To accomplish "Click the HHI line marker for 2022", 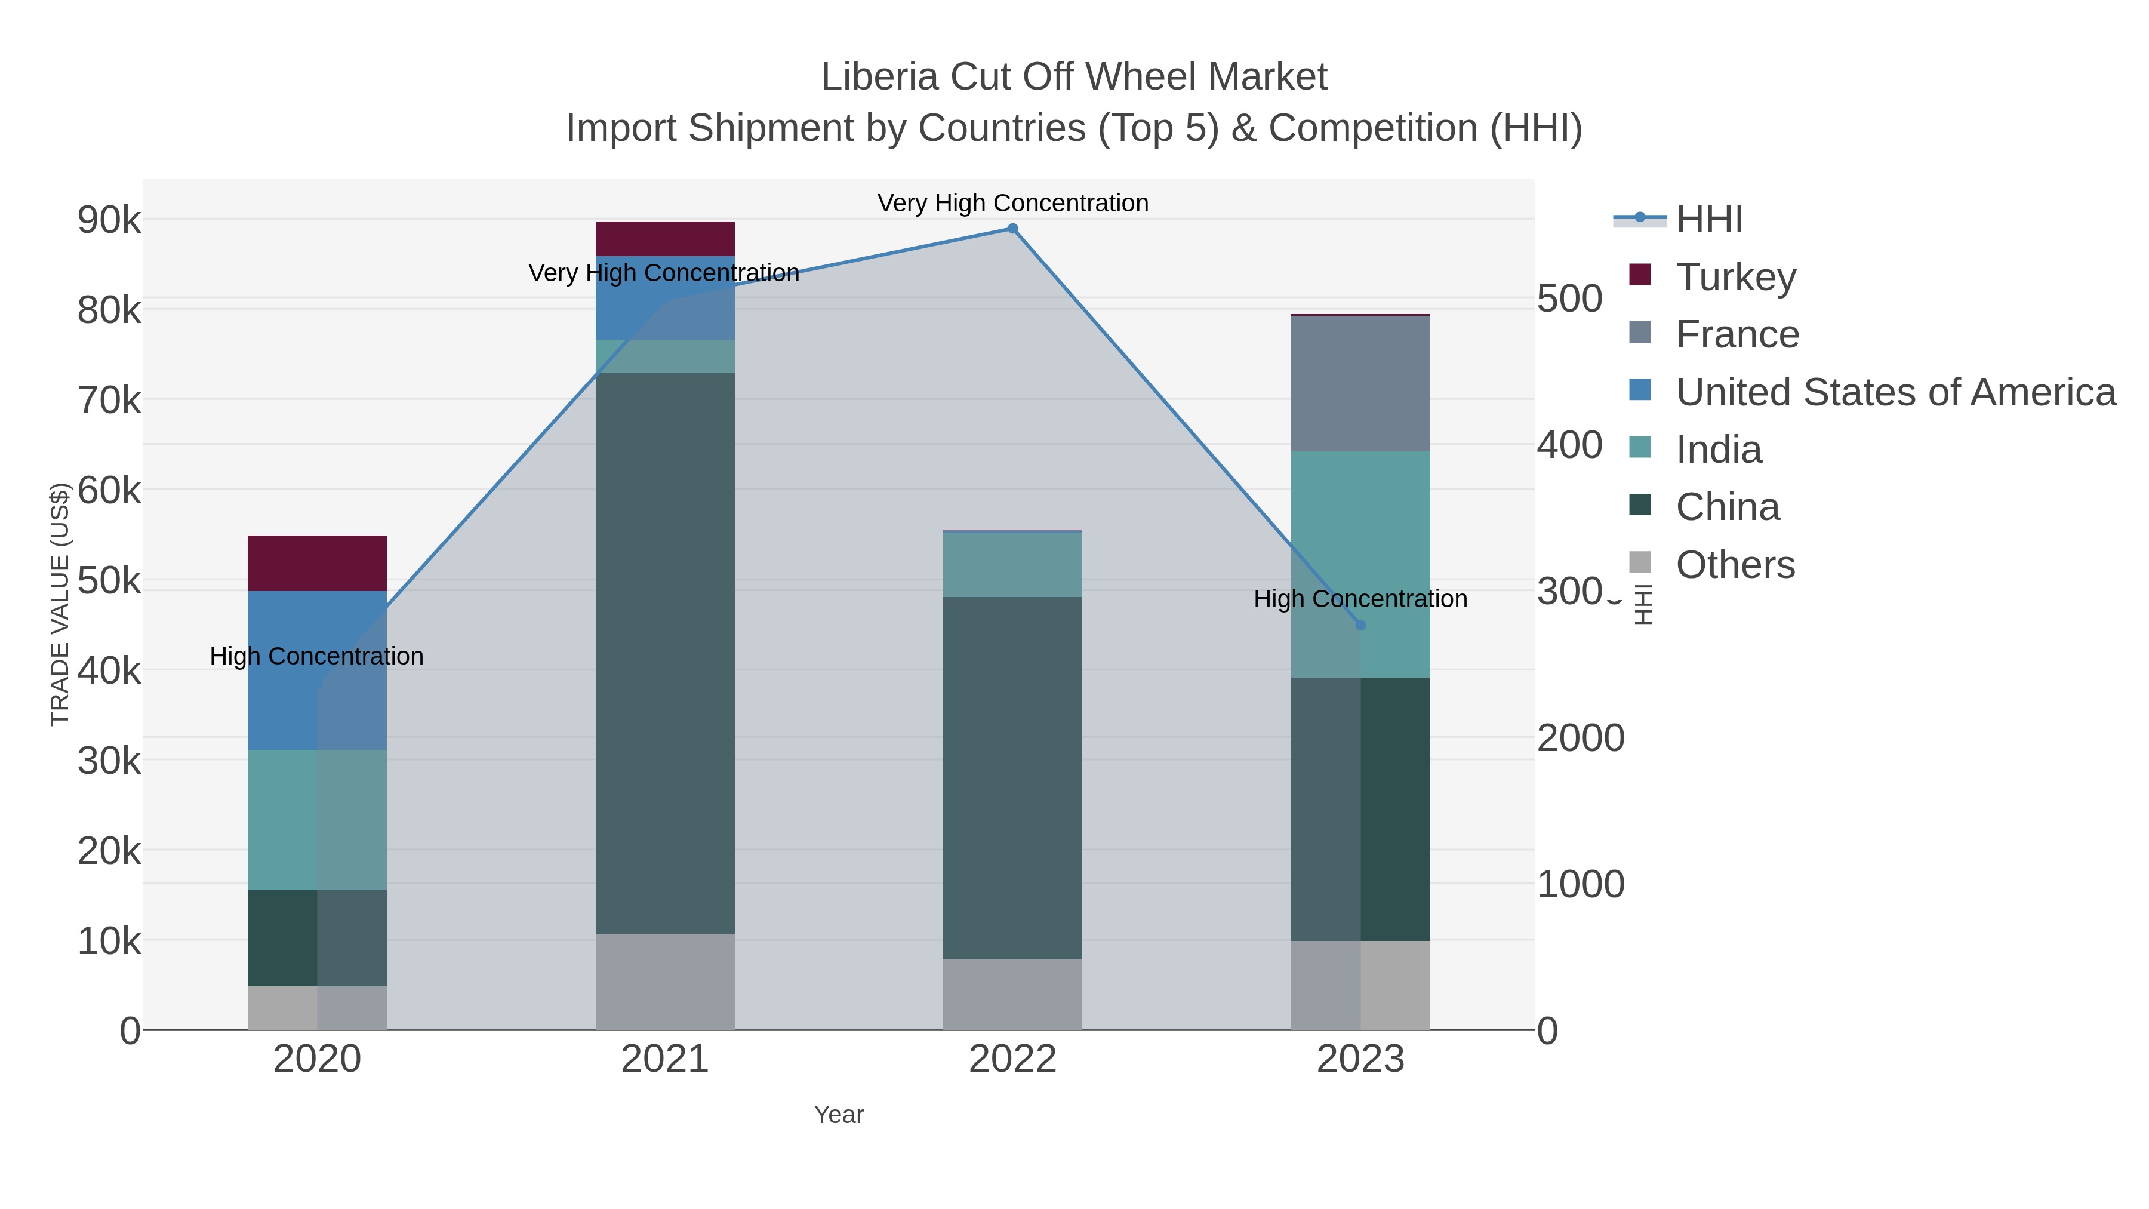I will [x=1012, y=229].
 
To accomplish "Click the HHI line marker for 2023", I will [x=1360, y=625].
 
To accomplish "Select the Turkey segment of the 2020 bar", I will [x=317, y=563].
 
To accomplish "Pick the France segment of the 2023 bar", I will [x=1360, y=384].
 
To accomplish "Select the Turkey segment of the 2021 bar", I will [x=665, y=239].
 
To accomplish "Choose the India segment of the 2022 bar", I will [x=1012, y=564].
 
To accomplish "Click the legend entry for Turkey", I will [x=1735, y=276].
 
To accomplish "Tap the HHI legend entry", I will [x=1708, y=220].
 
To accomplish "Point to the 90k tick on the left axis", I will [x=109, y=220].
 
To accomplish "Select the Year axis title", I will [x=839, y=1115].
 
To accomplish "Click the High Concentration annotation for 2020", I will [x=316, y=657].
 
